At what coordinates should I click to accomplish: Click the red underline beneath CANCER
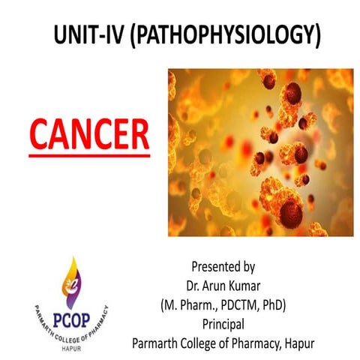[88, 155]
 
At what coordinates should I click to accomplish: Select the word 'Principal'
[223, 324]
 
